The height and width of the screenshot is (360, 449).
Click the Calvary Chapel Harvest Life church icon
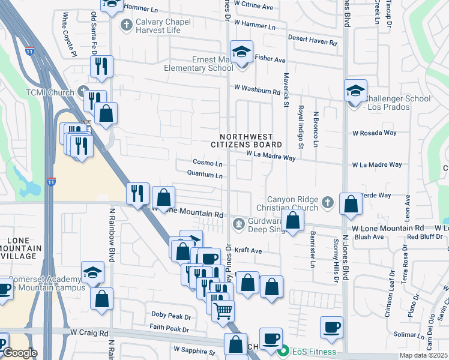pyautogui.click(x=125, y=25)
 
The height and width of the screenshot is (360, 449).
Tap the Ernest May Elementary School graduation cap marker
pyautogui.click(x=241, y=52)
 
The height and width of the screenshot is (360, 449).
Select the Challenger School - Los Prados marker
pyautogui.click(x=355, y=91)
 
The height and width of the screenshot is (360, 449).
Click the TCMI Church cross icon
pyautogui.click(x=83, y=92)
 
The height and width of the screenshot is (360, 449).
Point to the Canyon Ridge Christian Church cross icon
pyautogui.click(x=327, y=202)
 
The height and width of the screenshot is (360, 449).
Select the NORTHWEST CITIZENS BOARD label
pyautogui.click(x=246, y=140)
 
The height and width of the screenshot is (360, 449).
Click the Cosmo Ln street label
pyautogui.click(x=208, y=163)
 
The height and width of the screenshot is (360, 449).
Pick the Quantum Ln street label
pyautogui.click(x=205, y=176)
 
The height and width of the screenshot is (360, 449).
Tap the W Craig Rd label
pyautogui.click(x=89, y=332)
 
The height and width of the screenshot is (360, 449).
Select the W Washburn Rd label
pyautogui.click(x=258, y=92)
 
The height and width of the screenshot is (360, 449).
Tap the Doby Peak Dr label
pyautogui.click(x=170, y=314)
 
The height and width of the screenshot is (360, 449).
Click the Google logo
pyautogui.click(x=19, y=353)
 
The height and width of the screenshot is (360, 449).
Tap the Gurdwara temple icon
pyautogui.click(x=239, y=224)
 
